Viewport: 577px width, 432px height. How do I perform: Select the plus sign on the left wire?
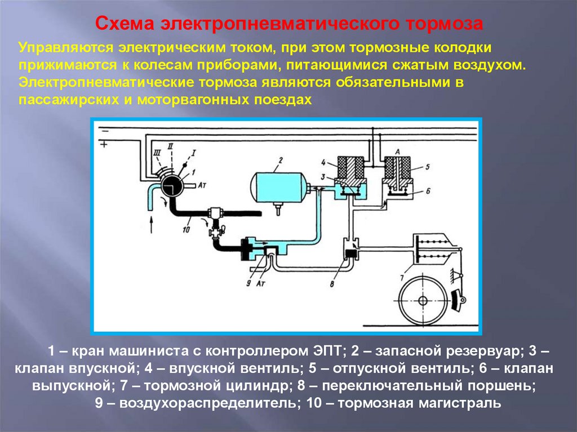(x=103, y=144)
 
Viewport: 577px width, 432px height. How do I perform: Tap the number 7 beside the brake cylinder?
(x=401, y=277)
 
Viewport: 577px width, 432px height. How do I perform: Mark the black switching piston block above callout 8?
(x=350, y=254)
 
